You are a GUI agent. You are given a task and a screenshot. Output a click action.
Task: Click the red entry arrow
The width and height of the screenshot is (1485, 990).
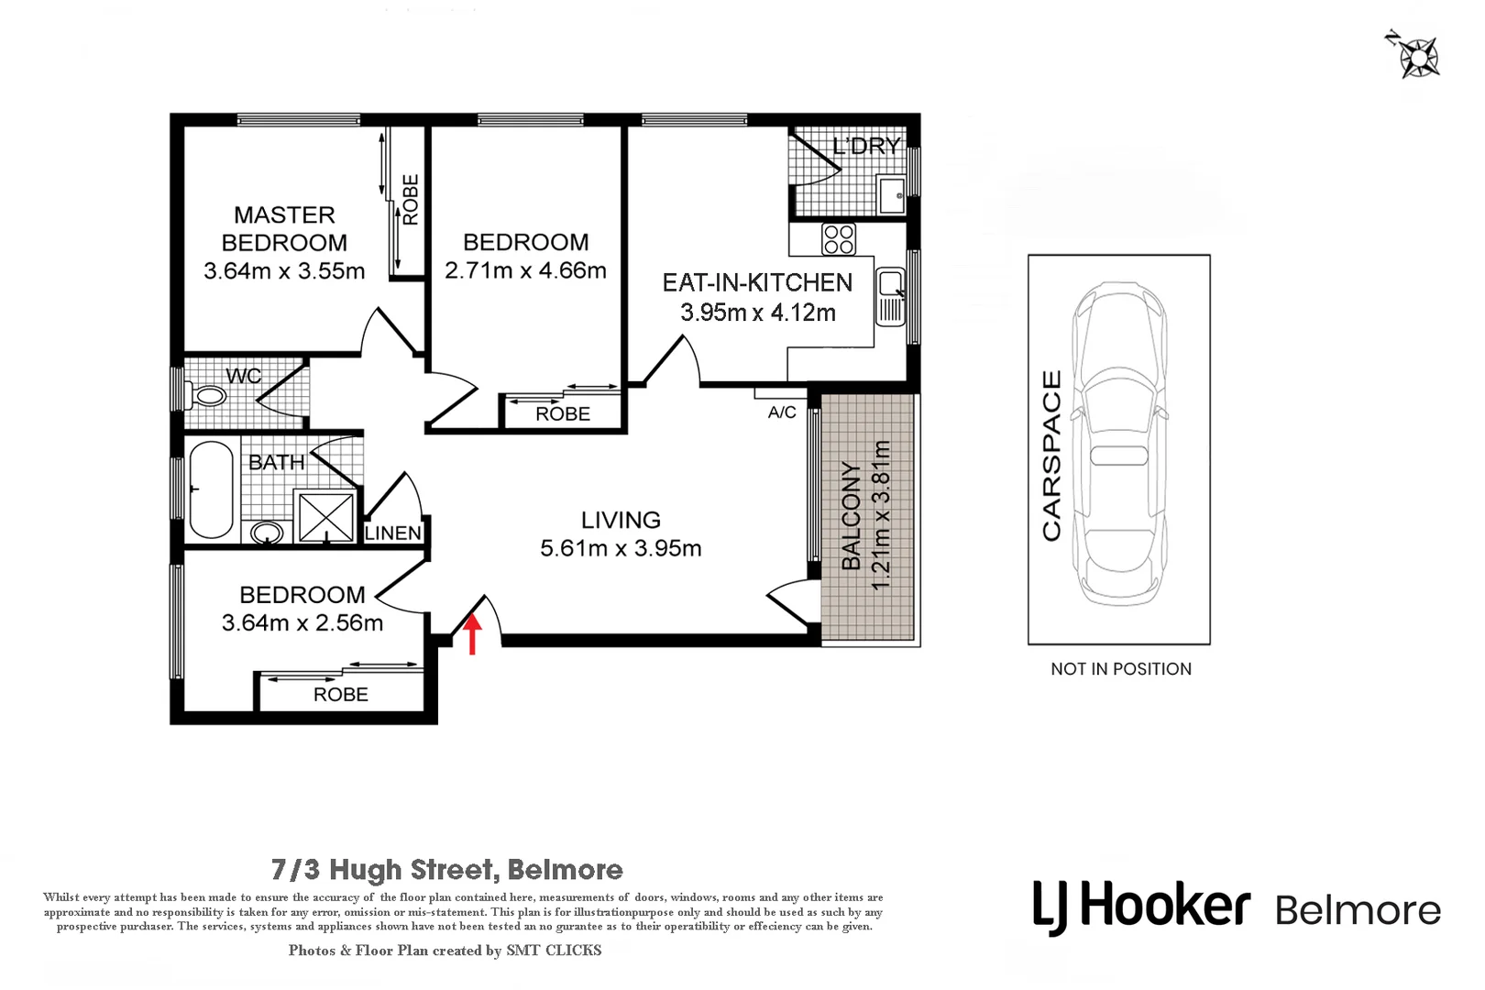point(472,634)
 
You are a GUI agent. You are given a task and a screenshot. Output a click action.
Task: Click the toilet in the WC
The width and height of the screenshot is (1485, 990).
point(204,397)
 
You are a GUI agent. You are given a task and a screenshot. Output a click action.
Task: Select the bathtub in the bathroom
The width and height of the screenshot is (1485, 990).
point(212,489)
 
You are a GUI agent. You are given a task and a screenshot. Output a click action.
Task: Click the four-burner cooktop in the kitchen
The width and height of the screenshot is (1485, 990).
point(839,239)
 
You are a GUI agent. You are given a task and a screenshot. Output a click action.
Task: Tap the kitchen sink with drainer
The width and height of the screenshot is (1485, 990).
point(890,296)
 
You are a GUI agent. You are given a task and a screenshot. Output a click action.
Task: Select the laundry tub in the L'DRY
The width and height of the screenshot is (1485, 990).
point(890,193)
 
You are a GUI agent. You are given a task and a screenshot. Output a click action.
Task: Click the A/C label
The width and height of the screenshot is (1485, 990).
point(782,412)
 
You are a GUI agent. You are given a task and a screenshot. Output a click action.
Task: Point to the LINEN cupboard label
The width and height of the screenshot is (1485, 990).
point(393,533)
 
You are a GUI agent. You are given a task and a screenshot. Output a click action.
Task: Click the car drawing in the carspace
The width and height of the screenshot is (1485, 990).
point(1119,444)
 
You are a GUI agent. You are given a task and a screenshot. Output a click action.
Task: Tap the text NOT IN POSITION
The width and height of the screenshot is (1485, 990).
point(1121,669)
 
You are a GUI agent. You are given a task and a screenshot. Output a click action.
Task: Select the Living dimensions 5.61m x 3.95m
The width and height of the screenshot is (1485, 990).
point(621,548)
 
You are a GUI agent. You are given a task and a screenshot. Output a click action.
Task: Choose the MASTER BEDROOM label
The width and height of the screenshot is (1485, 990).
point(284,229)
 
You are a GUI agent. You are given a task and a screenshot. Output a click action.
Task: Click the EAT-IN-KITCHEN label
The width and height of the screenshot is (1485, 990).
point(757,283)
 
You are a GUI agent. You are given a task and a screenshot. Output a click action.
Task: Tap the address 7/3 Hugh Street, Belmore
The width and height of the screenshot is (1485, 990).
point(447,869)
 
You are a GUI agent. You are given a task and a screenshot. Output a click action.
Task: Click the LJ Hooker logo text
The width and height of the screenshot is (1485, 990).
point(1141,907)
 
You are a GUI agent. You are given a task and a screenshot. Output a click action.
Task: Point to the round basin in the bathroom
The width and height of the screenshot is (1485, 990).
point(267,532)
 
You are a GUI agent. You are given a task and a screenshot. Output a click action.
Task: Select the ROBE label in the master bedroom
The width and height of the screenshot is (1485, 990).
point(411,200)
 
